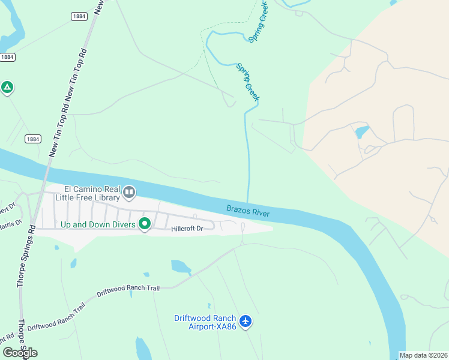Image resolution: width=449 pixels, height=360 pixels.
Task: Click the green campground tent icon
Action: (7, 88)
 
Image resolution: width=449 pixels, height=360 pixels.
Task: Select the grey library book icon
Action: (129, 193)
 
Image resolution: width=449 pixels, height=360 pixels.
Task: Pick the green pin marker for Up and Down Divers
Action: (144, 224)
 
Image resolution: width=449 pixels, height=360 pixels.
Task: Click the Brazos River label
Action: (248, 211)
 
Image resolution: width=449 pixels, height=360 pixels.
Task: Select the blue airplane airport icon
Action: (245, 322)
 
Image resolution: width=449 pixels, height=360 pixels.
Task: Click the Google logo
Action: (20, 353)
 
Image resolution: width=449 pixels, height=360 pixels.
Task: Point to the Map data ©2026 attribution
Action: (423, 355)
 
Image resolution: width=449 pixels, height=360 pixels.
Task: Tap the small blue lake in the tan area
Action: (361, 131)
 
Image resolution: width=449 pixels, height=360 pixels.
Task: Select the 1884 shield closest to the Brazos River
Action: (33, 139)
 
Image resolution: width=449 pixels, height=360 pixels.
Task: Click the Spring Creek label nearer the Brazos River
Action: (247, 82)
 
